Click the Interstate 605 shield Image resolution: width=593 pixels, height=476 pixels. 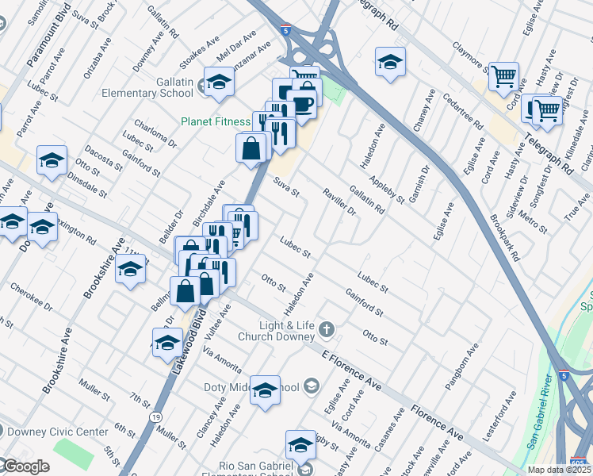(x=579, y=462)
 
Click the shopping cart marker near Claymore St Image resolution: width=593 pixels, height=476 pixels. (x=503, y=77)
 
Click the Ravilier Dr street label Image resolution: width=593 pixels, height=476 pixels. (x=340, y=202)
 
